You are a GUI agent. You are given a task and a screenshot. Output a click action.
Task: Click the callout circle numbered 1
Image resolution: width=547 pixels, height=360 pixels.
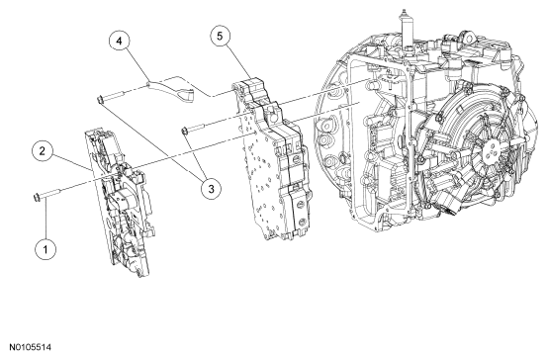[x=46, y=250]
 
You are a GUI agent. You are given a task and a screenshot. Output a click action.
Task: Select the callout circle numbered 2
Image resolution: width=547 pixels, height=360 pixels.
[x=43, y=151]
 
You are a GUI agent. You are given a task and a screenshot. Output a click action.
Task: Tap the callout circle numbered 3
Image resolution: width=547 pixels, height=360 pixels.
[x=211, y=189]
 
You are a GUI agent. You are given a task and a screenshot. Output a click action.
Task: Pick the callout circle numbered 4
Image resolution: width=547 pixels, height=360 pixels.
[x=120, y=42]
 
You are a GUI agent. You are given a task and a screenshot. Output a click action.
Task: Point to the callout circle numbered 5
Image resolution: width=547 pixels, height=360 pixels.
[x=220, y=37]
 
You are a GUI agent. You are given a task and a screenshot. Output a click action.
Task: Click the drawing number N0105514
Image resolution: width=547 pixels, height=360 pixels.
[x=31, y=347]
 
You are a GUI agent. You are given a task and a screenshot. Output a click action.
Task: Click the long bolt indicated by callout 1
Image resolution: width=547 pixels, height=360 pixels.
[x=47, y=195]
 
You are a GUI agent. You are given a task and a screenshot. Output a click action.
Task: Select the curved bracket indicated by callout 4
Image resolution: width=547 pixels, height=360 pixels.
[x=171, y=90]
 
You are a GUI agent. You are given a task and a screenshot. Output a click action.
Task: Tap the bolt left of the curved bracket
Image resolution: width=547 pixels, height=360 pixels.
[x=111, y=97]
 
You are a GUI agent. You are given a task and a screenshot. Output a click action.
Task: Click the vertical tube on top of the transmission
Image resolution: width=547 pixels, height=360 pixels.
[x=406, y=32]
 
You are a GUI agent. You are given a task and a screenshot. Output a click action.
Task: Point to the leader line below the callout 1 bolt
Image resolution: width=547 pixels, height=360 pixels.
[x=46, y=221]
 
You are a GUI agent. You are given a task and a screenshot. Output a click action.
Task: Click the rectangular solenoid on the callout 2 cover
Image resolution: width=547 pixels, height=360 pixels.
[x=121, y=202]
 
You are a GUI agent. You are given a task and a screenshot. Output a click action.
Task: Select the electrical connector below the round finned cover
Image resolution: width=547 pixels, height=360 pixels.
[x=448, y=207]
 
